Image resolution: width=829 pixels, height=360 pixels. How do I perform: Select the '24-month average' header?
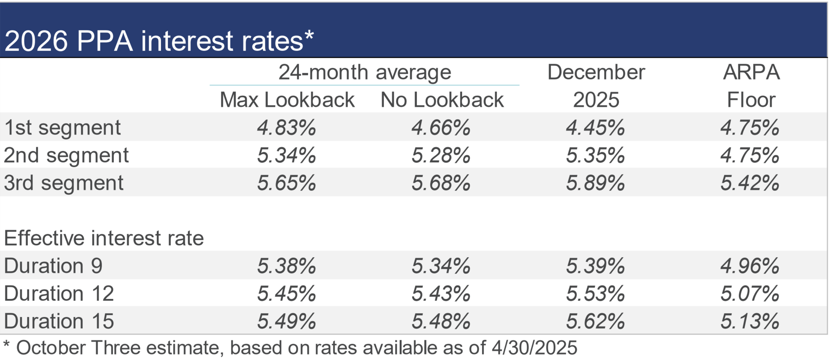tap(365, 72)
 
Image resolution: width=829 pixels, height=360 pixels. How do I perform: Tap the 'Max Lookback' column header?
tap(287, 100)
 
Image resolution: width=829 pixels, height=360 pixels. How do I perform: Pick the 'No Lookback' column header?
tap(442, 100)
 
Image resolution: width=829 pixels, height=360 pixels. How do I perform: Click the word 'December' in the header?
tap(596, 72)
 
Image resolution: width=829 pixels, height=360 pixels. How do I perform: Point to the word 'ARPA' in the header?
tap(751, 72)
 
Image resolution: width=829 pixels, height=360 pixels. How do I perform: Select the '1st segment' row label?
tap(62, 128)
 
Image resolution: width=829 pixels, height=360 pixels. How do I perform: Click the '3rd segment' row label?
tap(64, 183)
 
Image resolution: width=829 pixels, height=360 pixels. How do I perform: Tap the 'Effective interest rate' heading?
tap(104, 238)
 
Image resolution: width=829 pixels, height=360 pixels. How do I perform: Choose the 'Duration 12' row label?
tap(59, 294)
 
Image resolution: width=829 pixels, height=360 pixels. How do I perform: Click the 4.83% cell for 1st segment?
tap(286, 128)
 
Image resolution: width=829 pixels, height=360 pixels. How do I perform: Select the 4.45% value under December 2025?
tap(595, 128)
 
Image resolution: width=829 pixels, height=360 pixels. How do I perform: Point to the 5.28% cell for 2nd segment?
tap(441, 155)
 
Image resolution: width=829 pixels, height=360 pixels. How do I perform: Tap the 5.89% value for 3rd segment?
tap(595, 183)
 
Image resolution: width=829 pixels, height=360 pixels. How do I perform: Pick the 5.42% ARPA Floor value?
tap(750, 183)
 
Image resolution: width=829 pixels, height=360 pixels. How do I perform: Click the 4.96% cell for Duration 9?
tap(750, 266)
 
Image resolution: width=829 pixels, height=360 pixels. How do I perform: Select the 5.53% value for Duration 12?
tap(595, 294)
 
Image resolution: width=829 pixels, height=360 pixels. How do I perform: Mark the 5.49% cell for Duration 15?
tap(286, 322)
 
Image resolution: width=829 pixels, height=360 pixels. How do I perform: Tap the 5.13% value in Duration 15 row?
tap(750, 322)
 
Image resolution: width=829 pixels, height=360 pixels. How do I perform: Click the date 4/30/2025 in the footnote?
tap(534, 348)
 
